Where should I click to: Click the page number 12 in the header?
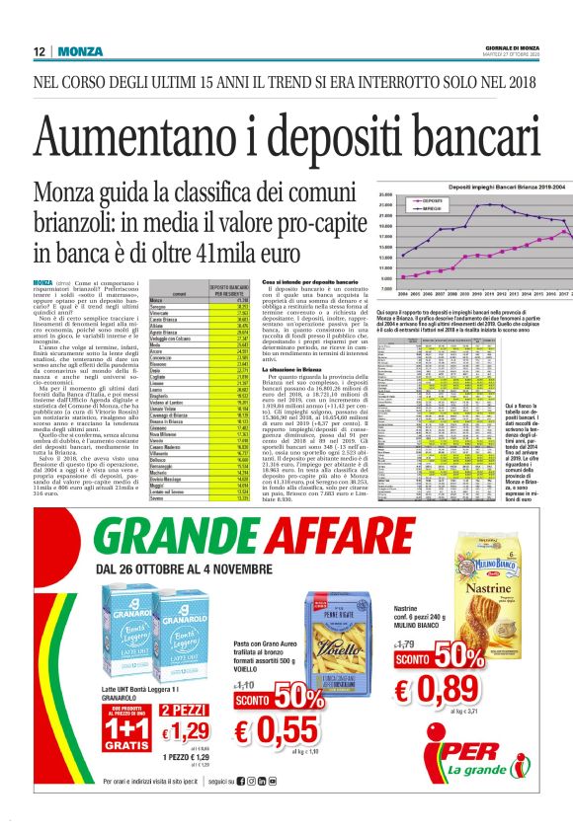39,51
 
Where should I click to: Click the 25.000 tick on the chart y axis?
386,195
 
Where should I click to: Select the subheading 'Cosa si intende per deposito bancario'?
314,283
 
